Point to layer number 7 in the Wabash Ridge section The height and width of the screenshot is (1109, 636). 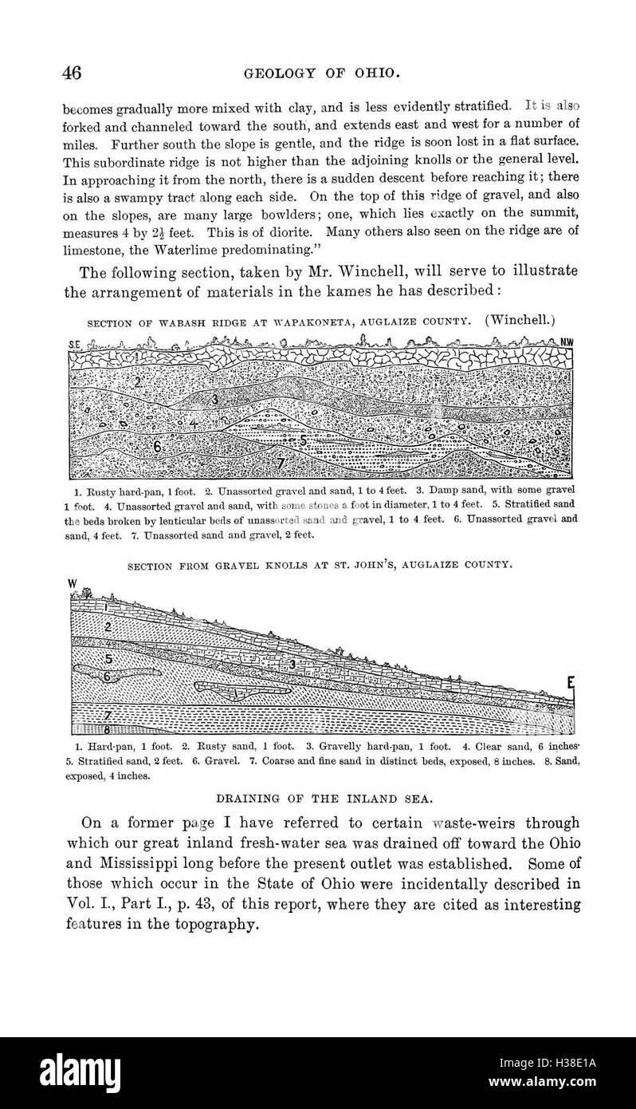(258, 464)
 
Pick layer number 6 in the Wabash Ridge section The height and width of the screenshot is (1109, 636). (158, 448)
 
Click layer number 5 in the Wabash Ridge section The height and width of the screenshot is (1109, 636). (303, 440)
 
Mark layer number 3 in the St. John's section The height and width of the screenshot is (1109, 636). (292, 664)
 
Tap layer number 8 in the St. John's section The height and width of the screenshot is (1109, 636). (108, 728)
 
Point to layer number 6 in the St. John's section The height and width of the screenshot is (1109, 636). (108, 675)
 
